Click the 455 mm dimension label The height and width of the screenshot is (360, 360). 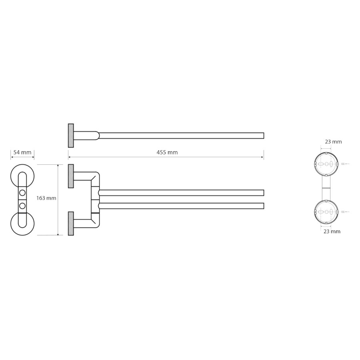click(x=167, y=152)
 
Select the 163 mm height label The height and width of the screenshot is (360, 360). click(x=46, y=198)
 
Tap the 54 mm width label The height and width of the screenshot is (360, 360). click(x=22, y=152)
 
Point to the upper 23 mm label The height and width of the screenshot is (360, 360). click(x=333, y=142)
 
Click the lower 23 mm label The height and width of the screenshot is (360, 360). click(x=332, y=232)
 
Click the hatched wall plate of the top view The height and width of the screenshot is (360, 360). click(x=71, y=136)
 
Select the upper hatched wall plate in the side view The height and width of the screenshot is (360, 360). click(x=71, y=176)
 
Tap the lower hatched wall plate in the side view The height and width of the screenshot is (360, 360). click(x=71, y=223)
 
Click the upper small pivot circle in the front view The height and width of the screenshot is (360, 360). click(x=22, y=193)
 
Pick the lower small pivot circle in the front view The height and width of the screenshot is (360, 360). click(x=22, y=206)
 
